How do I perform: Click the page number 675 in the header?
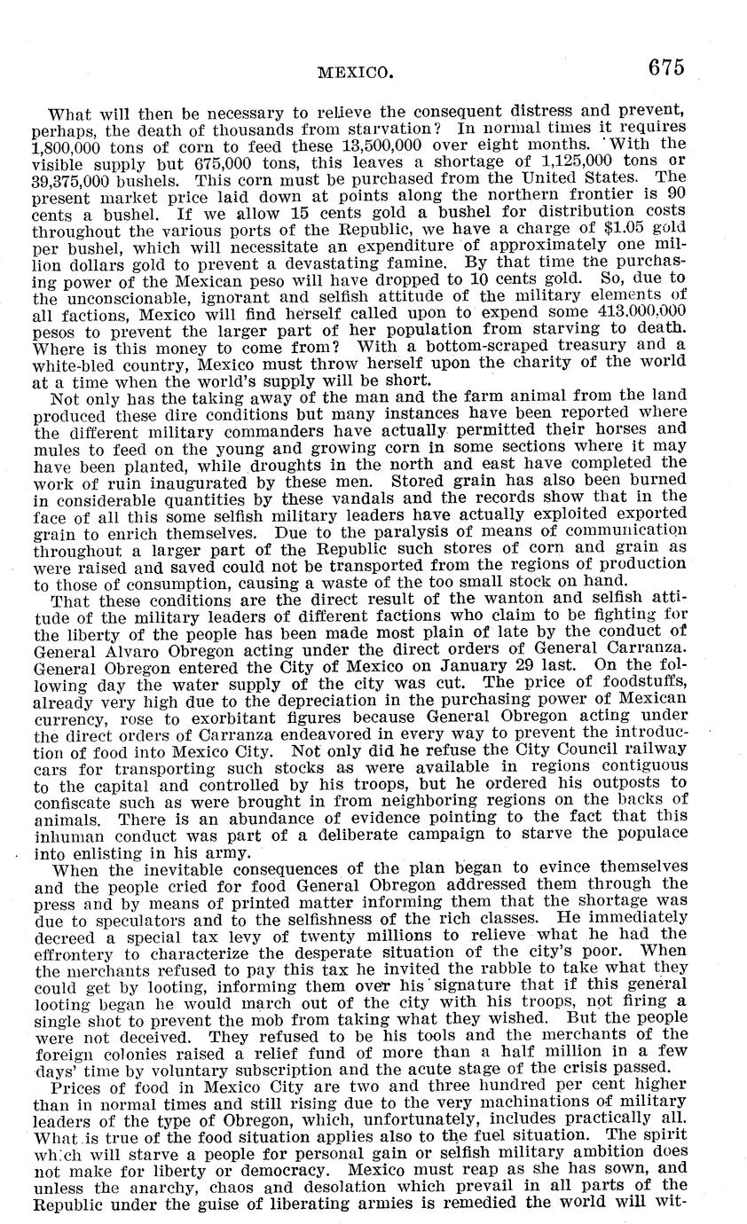click(667, 68)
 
